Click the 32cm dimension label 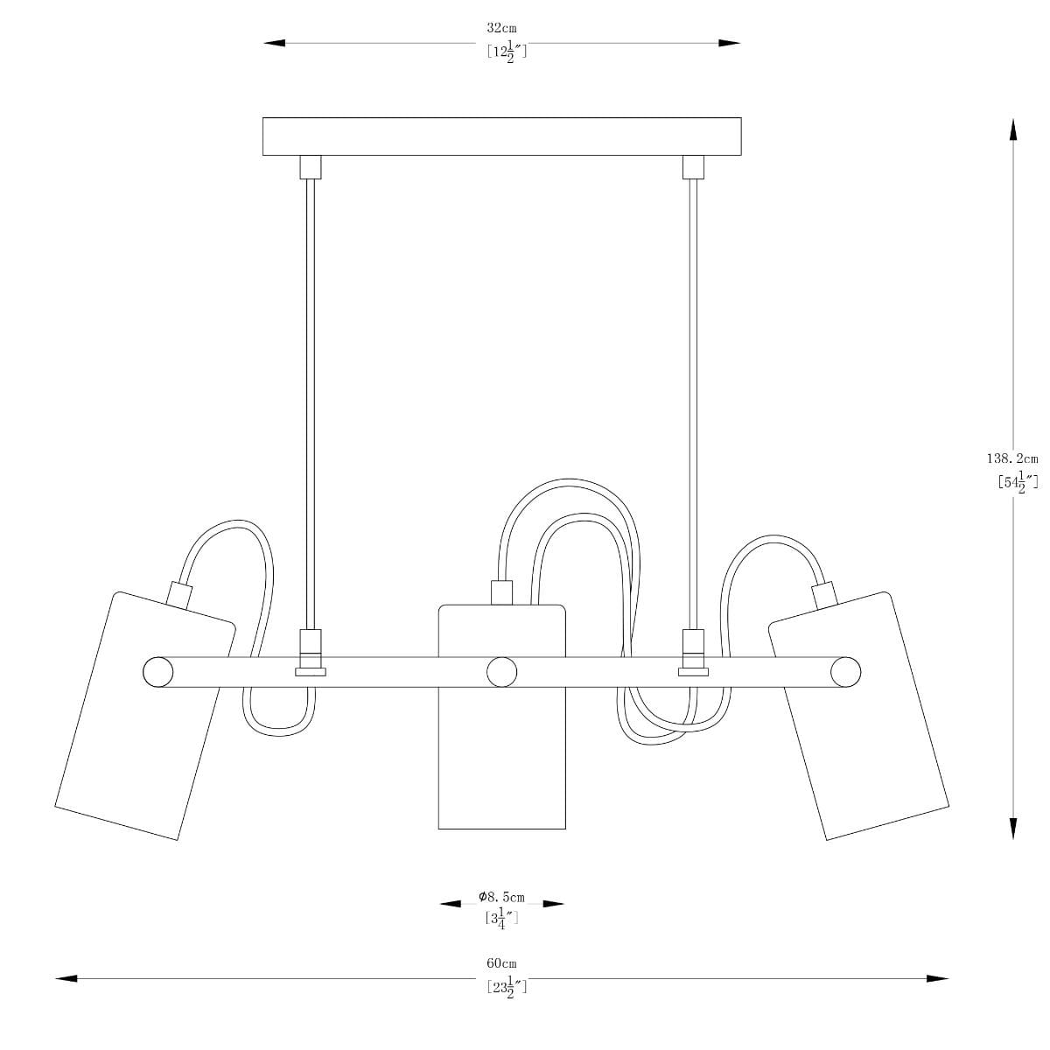pyautogui.click(x=501, y=28)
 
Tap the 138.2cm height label pyautogui.click(x=1012, y=458)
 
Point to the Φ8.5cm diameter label pyautogui.click(x=502, y=897)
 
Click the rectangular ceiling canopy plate pyautogui.click(x=502, y=136)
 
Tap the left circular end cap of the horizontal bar pyautogui.click(x=158, y=672)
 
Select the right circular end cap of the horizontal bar pyautogui.click(x=845, y=672)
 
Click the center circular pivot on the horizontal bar pyautogui.click(x=502, y=672)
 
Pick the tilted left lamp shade pyautogui.click(x=145, y=716)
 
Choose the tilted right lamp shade pyautogui.click(x=858, y=716)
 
